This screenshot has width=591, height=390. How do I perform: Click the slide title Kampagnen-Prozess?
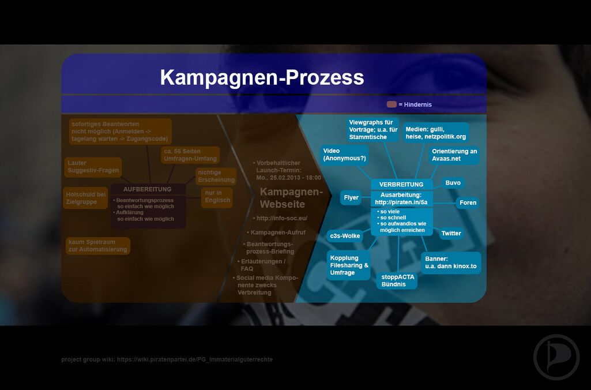(262, 77)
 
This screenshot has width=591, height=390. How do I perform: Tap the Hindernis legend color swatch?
(392, 104)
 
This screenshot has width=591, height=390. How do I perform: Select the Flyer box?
(351, 197)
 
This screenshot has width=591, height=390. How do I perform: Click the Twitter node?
(451, 233)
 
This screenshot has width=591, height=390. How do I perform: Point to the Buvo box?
(453, 183)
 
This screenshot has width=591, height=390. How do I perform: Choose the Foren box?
(468, 203)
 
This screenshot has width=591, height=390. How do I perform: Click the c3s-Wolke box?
(345, 236)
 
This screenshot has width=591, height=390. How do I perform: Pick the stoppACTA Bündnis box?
(397, 280)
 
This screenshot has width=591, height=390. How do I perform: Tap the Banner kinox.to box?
(450, 262)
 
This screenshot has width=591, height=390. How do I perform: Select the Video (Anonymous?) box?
(344, 155)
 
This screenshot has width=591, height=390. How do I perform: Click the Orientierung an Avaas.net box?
(454, 155)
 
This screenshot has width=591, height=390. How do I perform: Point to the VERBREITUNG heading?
(401, 184)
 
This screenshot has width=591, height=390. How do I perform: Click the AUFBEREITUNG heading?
(147, 189)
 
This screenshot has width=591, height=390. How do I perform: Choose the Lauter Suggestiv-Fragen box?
(93, 167)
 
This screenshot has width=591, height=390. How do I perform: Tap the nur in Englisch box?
(217, 197)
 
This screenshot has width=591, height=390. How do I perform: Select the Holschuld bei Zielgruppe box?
(85, 198)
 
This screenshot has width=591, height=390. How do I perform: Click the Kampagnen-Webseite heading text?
(291, 198)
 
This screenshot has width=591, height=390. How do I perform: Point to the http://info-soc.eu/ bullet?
(281, 218)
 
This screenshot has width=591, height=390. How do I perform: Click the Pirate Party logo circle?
(556, 357)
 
